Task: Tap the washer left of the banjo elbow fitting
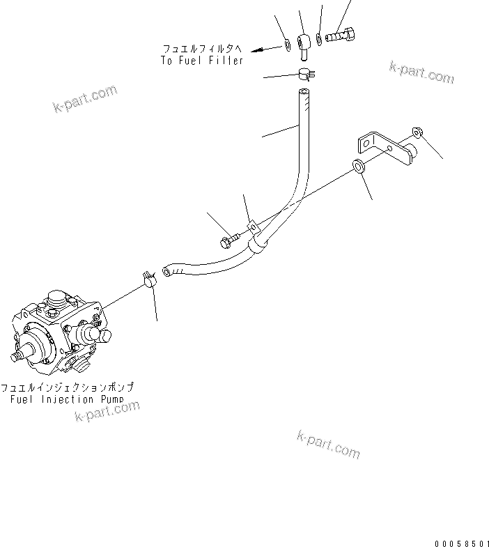pos(287,46)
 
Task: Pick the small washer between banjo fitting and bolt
pos(318,38)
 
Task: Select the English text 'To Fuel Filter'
pos(201,61)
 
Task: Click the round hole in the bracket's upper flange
pos(363,143)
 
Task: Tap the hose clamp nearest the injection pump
pos(148,279)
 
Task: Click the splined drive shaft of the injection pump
pos(22,357)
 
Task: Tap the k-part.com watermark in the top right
pos(421,71)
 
